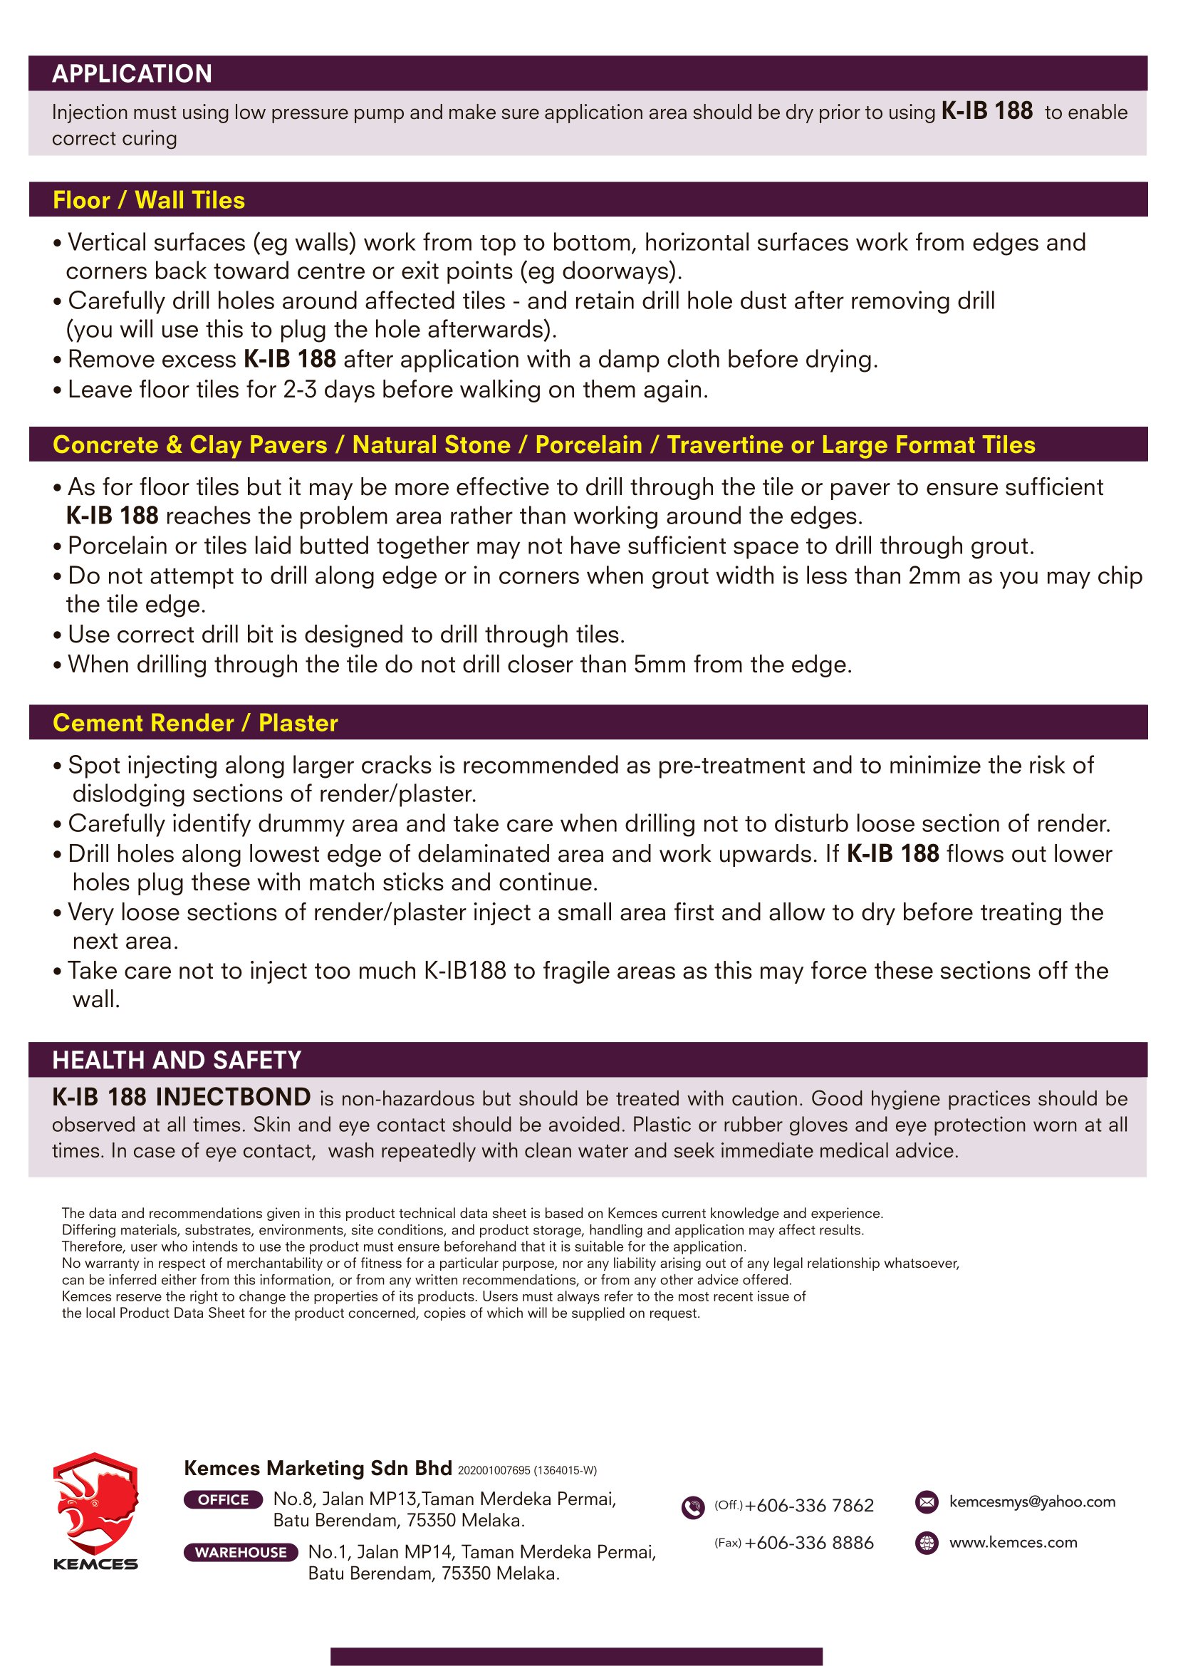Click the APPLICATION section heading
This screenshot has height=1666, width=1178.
click(132, 73)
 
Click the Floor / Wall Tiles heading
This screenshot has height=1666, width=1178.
click(149, 200)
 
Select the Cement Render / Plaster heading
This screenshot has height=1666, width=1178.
click(195, 723)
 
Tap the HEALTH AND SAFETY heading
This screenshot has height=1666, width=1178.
click(176, 1060)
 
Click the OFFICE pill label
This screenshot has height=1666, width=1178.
click(224, 1500)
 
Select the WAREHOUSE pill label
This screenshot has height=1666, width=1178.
click(241, 1552)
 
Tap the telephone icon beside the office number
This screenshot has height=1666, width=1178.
click(693, 1508)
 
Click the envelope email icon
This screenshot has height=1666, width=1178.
click(927, 1502)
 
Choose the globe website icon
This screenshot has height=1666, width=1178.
click(927, 1543)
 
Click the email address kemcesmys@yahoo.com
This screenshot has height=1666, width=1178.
click(1032, 1502)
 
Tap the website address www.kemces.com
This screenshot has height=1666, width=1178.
click(1013, 1543)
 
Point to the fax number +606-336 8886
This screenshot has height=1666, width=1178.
click(809, 1543)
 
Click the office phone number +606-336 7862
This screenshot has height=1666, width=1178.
click(809, 1506)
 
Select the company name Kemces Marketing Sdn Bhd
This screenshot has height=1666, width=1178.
click(318, 1468)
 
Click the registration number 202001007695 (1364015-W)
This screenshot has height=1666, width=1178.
click(526, 1471)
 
